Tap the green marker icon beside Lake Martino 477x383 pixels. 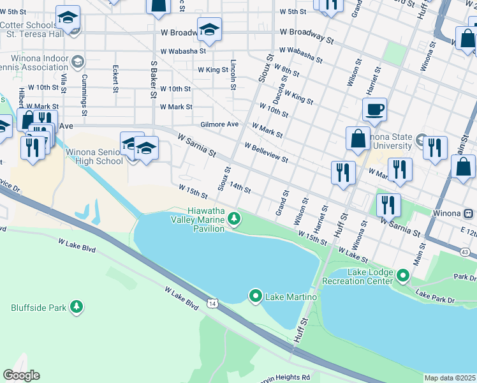coord(256,296)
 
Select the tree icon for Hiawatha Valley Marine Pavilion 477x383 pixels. coord(235,219)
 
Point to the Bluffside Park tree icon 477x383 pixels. coord(77,307)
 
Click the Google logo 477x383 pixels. coord(21,375)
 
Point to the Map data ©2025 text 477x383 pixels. coord(450,378)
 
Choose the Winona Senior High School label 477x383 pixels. coord(94,156)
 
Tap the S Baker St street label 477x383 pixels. coord(154,79)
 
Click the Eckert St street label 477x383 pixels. coord(115,79)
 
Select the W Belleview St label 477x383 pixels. coord(267,152)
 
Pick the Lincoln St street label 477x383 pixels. coord(234,75)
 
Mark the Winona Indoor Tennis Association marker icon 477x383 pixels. coord(78,62)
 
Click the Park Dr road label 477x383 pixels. coord(464,278)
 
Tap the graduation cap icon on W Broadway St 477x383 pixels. coord(209,29)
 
